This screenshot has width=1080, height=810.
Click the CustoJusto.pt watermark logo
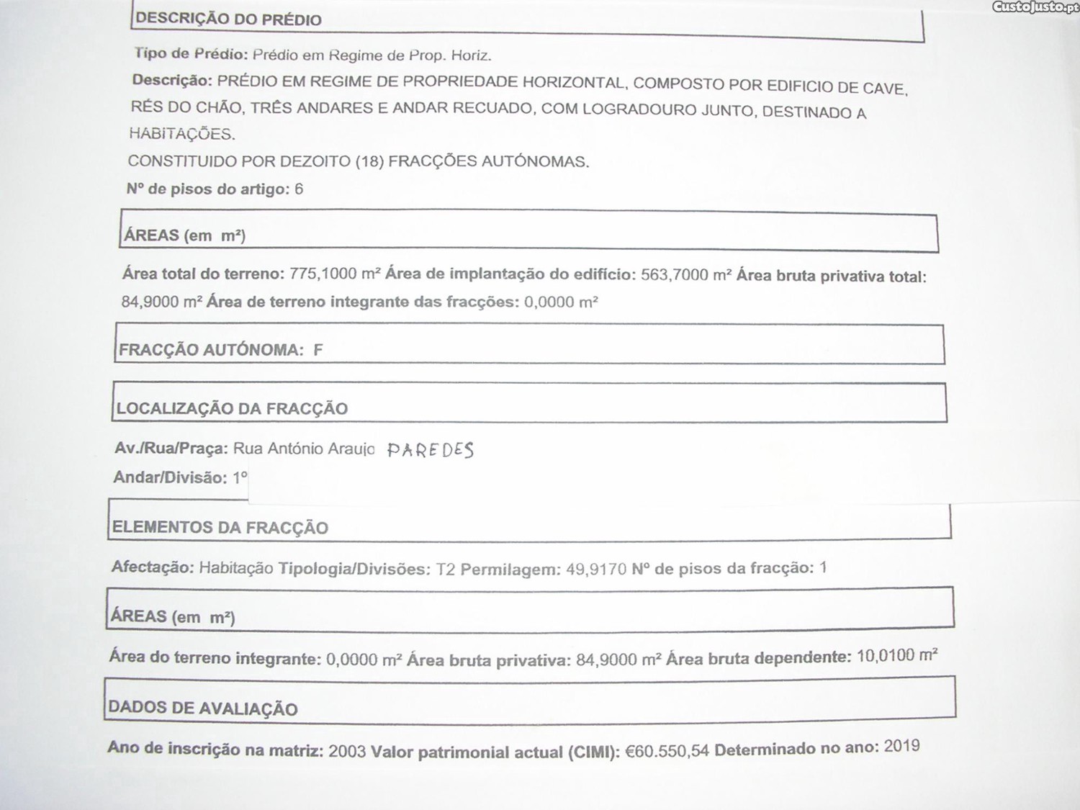pyautogui.click(x=1035, y=7)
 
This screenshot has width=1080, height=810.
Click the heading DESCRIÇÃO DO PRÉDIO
pyautogui.click(x=228, y=19)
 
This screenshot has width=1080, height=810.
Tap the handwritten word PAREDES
pyautogui.click(x=431, y=451)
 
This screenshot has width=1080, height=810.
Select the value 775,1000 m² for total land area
pyautogui.click(x=335, y=274)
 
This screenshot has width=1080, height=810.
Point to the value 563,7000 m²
pyautogui.click(x=686, y=275)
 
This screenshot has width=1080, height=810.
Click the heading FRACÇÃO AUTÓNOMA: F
pyautogui.click(x=220, y=350)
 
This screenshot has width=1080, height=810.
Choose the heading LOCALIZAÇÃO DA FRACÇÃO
pyautogui.click(x=232, y=409)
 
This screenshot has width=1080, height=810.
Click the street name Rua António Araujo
pyautogui.click(x=304, y=449)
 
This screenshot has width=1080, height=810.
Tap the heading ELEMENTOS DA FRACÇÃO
pyautogui.click(x=220, y=528)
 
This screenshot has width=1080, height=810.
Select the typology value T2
pyautogui.click(x=446, y=570)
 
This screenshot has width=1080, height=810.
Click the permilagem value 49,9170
pyautogui.click(x=596, y=570)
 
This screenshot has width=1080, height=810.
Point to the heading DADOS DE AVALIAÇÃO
pyautogui.click(x=202, y=708)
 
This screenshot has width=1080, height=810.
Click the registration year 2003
pyautogui.click(x=347, y=752)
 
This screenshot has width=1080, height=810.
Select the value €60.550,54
pyautogui.click(x=667, y=751)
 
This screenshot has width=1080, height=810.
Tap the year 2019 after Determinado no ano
pyautogui.click(x=901, y=746)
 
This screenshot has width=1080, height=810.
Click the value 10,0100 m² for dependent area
pyautogui.click(x=896, y=656)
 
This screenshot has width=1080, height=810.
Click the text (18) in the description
pyautogui.click(x=369, y=161)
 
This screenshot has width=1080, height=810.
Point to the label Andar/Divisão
pyautogui.click(x=170, y=478)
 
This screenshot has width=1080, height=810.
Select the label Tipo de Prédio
pyautogui.click(x=191, y=54)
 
